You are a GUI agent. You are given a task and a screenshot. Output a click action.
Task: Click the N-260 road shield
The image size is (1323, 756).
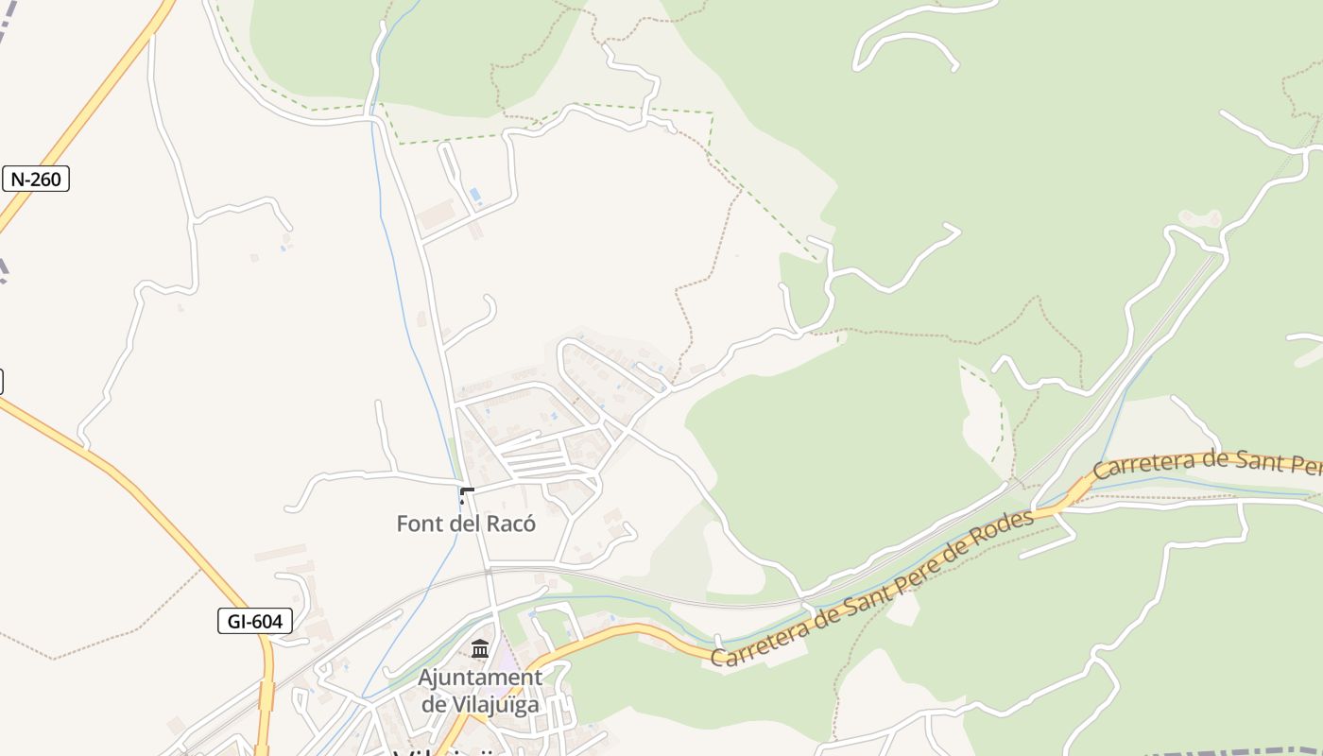[x=36, y=179]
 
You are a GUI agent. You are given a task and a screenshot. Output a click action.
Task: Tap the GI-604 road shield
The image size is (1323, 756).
[x=254, y=621]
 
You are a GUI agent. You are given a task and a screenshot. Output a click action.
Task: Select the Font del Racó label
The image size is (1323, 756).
[x=466, y=524]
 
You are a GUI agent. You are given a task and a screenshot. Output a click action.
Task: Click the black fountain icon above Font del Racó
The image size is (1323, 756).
[x=466, y=493]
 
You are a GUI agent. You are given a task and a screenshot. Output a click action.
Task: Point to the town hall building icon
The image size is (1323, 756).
[x=480, y=649]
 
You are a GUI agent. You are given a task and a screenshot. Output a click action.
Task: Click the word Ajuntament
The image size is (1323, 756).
[x=480, y=678]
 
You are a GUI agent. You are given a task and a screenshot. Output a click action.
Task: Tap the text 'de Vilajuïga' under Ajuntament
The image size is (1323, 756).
[x=480, y=704]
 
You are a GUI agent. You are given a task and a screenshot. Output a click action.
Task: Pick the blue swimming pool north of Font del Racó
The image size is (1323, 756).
[x=474, y=197]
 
